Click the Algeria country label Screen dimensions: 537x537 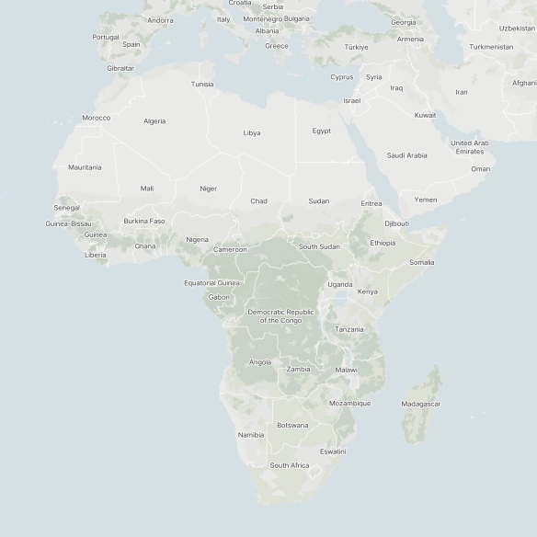pyautogui.click(x=154, y=121)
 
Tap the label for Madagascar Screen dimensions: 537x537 pyautogui.click(x=420, y=404)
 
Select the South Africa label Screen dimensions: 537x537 pyautogui.click(x=289, y=465)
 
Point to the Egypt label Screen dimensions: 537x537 pyautogui.click(x=321, y=131)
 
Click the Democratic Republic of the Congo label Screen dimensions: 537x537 pyautogui.click(x=280, y=316)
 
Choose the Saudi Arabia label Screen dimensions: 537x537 pyautogui.click(x=406, y=155)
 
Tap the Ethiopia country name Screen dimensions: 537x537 pyautogui.click(x=383, y=243)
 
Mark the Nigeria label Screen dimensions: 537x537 pyautogui.click(x=197, y=239)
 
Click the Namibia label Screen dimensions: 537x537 pyautogui.click(x=250, y=435)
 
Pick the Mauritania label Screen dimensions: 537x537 pyautogui.click(x=85, y=167)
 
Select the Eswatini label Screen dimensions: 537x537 pyautogui.click(x=333, y=451)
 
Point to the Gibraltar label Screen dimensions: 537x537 pyautogui.click(x=120, y=68)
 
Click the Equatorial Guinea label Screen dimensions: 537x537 pyautogui.click(x=211, y=283)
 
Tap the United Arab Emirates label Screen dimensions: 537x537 pyautogui.click(x=469, y=147)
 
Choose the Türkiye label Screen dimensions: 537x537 pyautogui.click(x=356, y=47)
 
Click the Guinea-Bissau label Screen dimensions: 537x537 pyautogui.click(x=68, y=223)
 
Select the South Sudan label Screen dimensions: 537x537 pyautogui.click(x=319, y=246)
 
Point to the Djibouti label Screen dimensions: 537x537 pyautogui.click(x=397, y=223)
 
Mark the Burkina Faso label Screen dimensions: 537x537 pyautogui.click(x=144, y=221)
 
